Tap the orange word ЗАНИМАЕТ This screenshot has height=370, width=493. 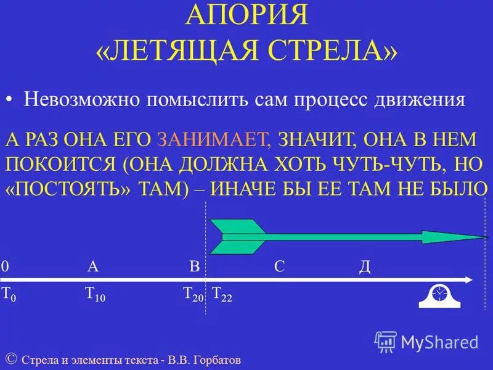pos(213,139)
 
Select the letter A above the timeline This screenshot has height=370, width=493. pos(93,266)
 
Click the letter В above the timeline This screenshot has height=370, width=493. pos(194,266)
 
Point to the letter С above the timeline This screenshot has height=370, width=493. pos(279,266)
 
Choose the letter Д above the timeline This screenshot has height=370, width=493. pos(364,267)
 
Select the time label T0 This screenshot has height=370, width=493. pos(9,294)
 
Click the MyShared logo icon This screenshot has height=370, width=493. pos(386,342)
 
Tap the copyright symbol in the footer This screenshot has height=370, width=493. pos(11,358)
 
